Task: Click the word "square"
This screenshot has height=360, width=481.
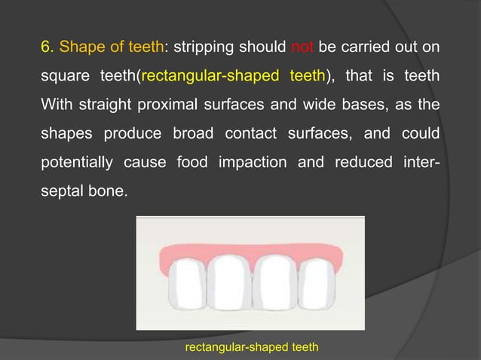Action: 63,75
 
